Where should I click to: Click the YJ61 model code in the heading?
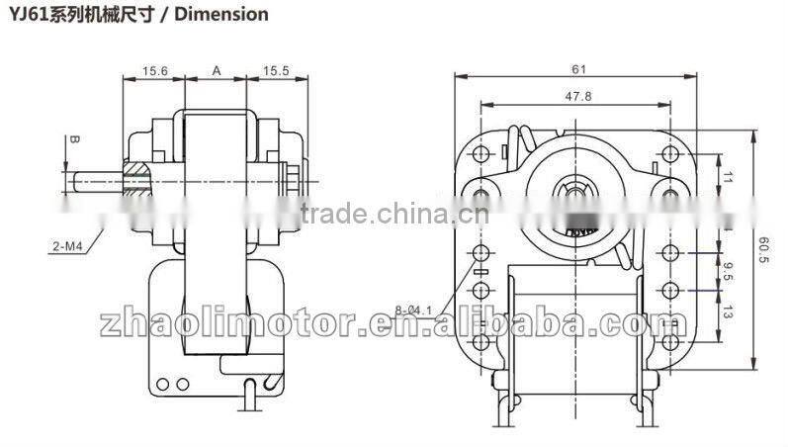[x=27, y=14]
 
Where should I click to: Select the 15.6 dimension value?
[x=154, y=70]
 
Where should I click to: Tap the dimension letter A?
[x=215, y=70]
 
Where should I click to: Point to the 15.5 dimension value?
[x=277, y=70]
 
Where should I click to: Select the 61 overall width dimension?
[x=578, y=69]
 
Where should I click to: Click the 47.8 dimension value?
[x=577, y=97]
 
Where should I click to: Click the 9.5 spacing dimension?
[x=730, y=272]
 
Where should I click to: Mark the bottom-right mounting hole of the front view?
[x=671, y=343]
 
